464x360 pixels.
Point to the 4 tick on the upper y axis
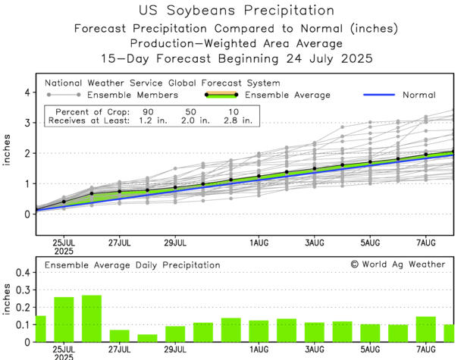pyautogui.click(x=27, y=92)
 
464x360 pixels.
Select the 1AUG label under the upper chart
pyautogui.click(x=259, y=243)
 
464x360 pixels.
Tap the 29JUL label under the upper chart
pyautogui.click(x=175, y=243)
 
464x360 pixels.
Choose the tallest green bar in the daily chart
pyautogui.click(x=92, y=318)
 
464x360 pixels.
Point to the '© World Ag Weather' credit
pyautogui.click(x=398, y=265)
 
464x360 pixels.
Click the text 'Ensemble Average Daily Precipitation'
pyautogui.click(x=132, y=265)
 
